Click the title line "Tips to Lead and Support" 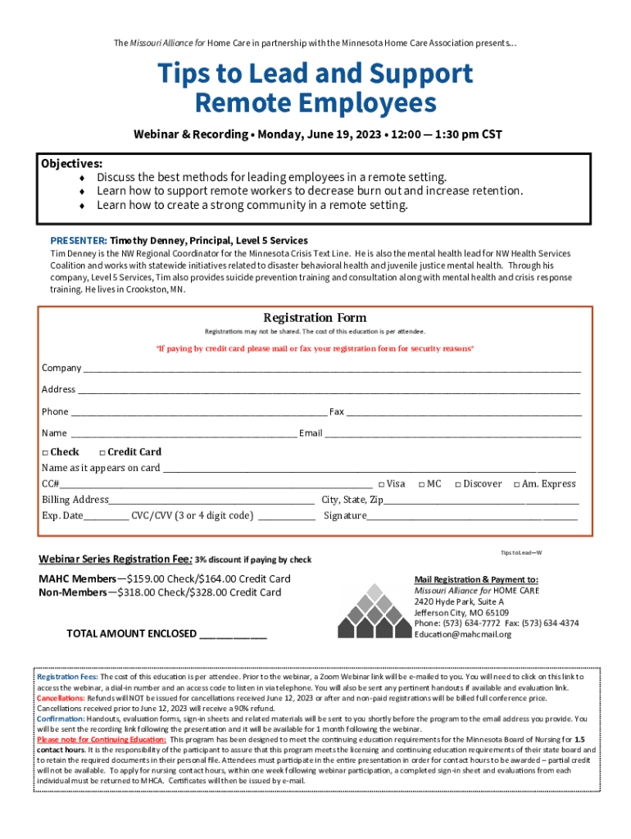tap(315, 74)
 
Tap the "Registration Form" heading tap(315, 318)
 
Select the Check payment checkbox tap(45, 452)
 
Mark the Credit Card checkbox tap(102, 452)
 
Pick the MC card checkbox tap(421, 484)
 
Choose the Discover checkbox tap(458, 484)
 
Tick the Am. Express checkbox tap(516, 484)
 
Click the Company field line tap(332, 370)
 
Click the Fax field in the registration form tap(463, 413)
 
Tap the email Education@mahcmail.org tap(462, 634)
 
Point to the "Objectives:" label tap(71, 164)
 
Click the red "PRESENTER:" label tap(79, 242)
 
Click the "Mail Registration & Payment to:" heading tap(475, 579)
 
